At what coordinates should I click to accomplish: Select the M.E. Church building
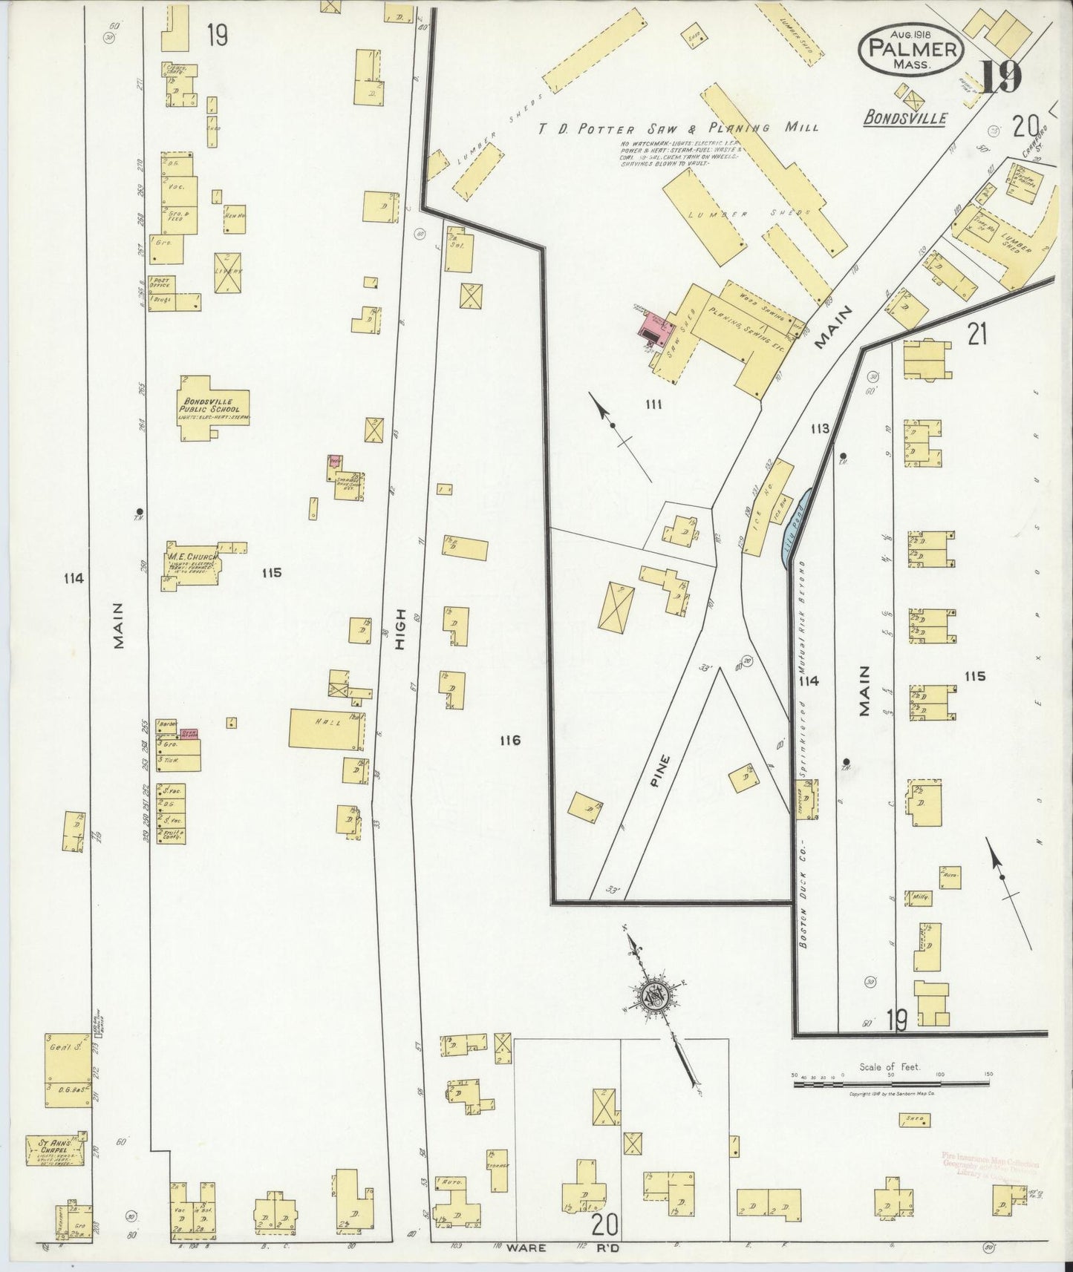[x=192, y=567]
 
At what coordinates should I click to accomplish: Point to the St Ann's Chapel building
[x=53, y=1149]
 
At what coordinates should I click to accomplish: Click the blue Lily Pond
[x=797, y=527]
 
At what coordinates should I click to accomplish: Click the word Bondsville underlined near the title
[x=905, y=117]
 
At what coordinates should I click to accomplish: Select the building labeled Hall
[x=327, y=728]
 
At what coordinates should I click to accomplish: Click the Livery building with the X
[x=228, y=272]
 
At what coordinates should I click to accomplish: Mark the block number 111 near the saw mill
[x=653, y=404]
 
